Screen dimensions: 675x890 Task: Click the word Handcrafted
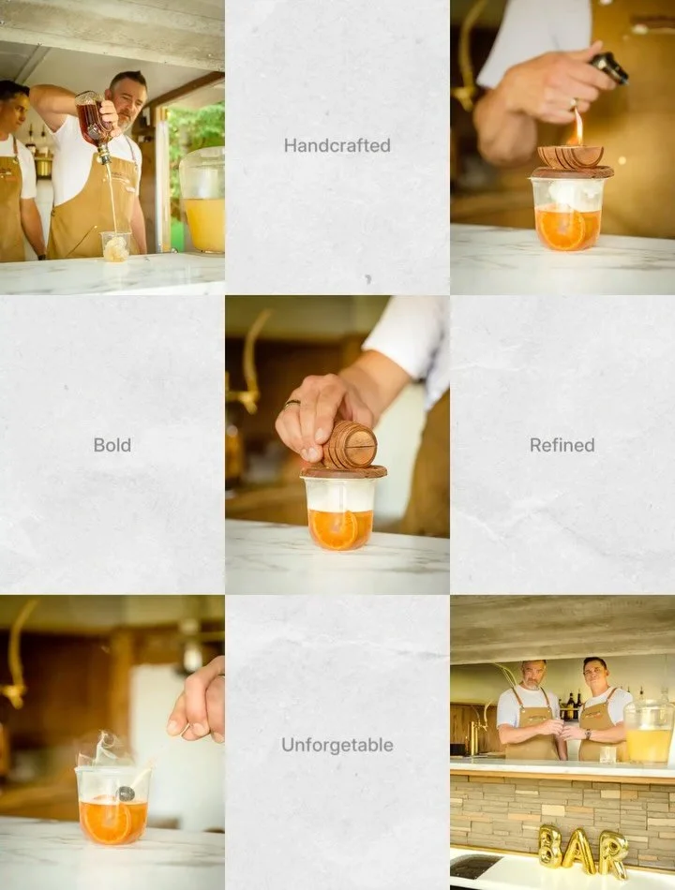pos(337,145)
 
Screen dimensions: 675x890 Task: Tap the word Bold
pos(112,445)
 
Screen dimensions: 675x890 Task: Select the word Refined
pos(562,445)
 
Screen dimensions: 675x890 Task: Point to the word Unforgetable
pos(337,745)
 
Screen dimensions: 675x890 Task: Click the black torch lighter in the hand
pos(608,67)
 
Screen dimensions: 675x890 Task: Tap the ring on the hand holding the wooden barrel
pos(292,403)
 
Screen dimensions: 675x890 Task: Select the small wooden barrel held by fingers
pos(350,444)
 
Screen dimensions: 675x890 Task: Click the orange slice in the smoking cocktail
pos(107,822)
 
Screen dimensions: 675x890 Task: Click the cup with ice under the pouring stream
pos(116,246)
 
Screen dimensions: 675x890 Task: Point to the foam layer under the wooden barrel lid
pos(339,495)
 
